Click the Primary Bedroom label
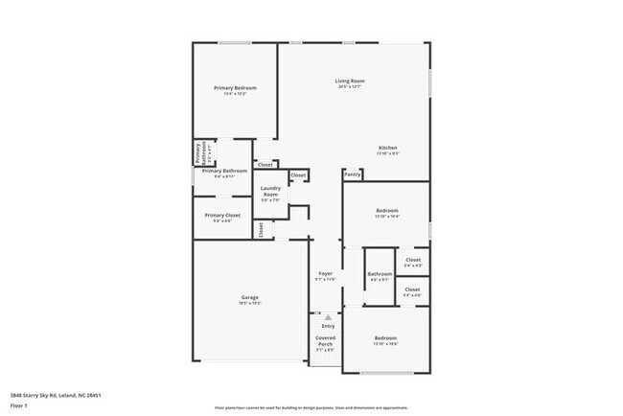coord(235,87)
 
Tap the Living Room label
coord(349,81)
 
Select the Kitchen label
coord(386,148)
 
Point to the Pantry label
coord(353,174)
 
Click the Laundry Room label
coord(270,191)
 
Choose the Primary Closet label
coord(221,215)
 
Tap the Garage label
coord(249,298)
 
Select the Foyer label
coord(326,274)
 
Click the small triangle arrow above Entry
coord(328,316)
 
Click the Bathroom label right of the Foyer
coord(379,274)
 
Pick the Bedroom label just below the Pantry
coord(387,210)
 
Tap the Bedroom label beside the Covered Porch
coord(385,338)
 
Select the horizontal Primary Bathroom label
coord(224,171)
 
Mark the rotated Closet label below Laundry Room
coord(260,229)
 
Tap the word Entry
coord(328,326)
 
